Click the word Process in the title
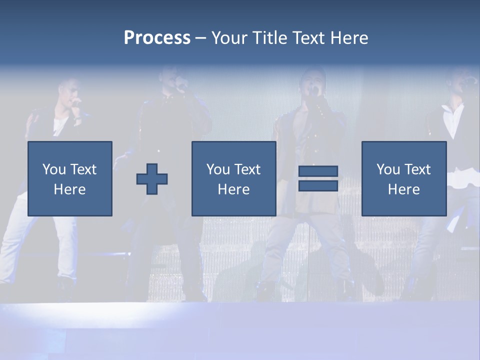(157, 38)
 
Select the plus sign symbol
(152, 179)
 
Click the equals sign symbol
(318, 178)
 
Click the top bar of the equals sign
(318, 171)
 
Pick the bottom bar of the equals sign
(318, 186)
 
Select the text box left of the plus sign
(70, 178)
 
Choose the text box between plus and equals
(233, 178)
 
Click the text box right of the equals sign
(403, 178)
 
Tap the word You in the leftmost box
(53, 169)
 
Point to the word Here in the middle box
(233, 189)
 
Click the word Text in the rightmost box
(417, 169)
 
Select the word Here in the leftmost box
(70, 189)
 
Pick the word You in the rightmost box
(387, 169)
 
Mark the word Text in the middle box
(247, 169)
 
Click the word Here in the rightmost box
(403, 189)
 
